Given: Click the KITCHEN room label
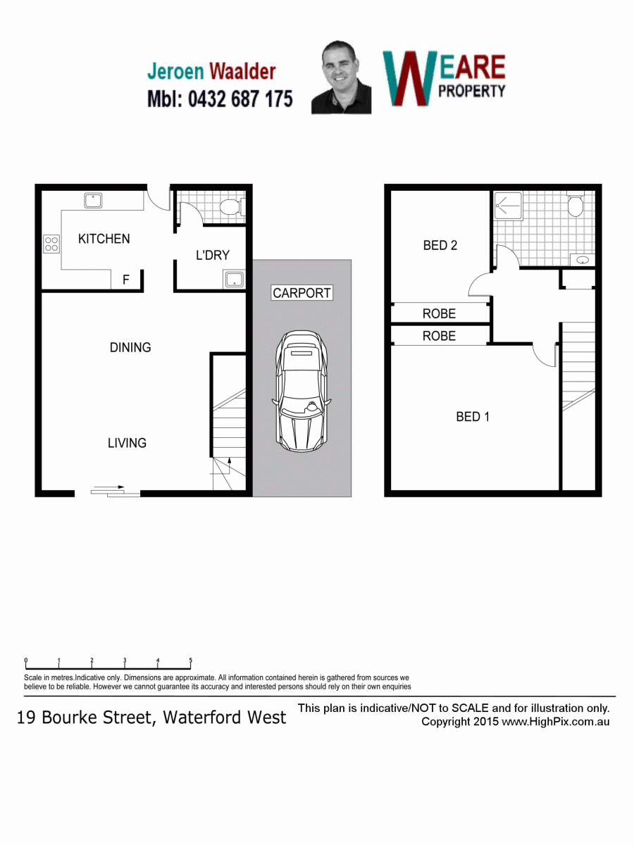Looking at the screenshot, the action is click(x=104, y=239).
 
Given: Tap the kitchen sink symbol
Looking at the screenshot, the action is click(x=93, y=201).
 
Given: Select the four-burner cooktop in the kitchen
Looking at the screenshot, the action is click(x=51, y=244).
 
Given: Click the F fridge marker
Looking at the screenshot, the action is click(x=126, y=280).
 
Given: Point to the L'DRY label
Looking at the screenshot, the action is click(x=213, y=255).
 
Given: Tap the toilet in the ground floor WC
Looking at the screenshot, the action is click(x=231, y=207).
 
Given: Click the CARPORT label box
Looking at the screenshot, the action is click(x=302, y=292).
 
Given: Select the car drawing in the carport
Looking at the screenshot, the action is click(x=302, y=391).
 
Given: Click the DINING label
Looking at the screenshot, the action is click(x=130, y=347).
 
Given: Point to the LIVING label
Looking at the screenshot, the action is click(x=127, y=443).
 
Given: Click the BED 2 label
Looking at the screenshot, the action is click(x=440, y=245).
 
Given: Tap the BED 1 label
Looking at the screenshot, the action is click(x=473, y=417).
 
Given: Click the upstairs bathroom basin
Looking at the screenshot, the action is click(x=582, y=260).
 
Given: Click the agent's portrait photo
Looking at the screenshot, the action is click(x=341, y=77).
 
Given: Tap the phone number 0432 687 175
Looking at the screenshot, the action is click(x=240, y=99).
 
